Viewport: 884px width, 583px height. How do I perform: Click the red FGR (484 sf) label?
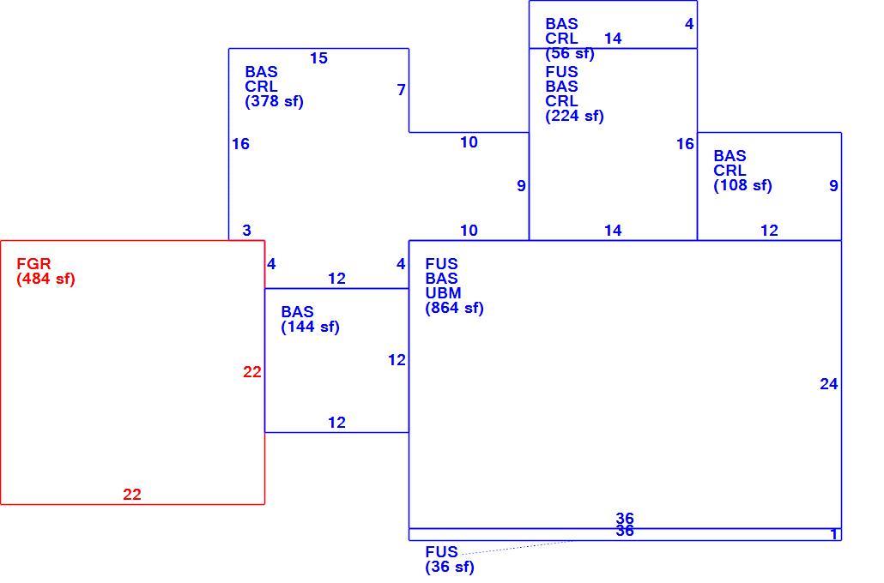(x=45, y=272)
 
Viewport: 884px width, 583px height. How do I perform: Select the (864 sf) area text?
(x=454, y=308)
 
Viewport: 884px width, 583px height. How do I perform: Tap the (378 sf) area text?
(x=274, y=102)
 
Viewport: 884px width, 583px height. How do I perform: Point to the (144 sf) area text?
(x=310, y=328)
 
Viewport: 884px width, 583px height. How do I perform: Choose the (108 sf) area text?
(x=742, y=186)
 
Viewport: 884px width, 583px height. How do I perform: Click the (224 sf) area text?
(x=574, y=116)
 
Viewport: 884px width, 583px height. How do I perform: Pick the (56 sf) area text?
(x=570, y=54)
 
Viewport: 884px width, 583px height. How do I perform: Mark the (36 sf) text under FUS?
(x=450, y=568)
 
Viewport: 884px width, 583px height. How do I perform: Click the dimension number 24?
(x=829, y=384)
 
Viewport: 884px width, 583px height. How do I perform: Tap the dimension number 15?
(x=318, y=58)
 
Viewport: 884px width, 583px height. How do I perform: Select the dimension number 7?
(x=401, y=90)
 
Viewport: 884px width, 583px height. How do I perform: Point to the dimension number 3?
(x=247, y=231)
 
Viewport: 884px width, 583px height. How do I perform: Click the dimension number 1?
(x=834, y=534)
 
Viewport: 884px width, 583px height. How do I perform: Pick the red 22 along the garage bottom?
(x=132, y=495)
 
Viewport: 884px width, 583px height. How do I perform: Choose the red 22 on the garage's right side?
(x=252, y=372)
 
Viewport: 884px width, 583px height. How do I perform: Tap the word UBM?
(x=443, y=293)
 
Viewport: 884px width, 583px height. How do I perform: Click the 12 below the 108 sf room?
(x=769, y=231)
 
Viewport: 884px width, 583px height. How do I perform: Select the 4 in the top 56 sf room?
(x=689, y=24)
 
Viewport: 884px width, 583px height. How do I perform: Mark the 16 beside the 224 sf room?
(x=685, y=144)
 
